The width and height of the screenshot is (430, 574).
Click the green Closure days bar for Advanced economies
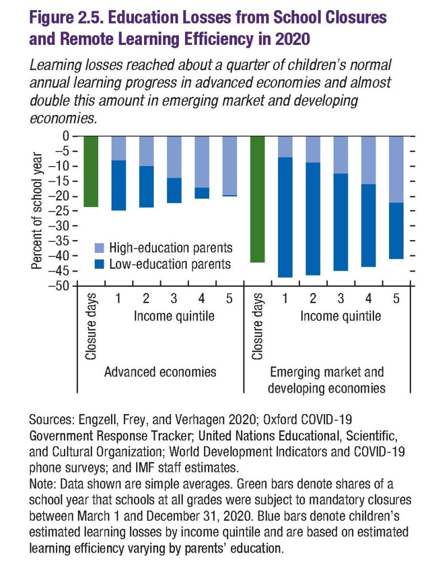click(90, 172)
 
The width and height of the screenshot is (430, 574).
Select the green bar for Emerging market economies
click(257, 199)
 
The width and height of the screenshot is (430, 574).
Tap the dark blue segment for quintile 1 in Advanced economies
click(118, 185)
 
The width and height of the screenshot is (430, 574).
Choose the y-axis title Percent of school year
click(37, 211)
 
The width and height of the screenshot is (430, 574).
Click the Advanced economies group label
click(160, 372)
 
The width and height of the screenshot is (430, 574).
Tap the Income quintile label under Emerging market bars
click(340, 316)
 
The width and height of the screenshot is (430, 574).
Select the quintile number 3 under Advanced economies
click(174, 299)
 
